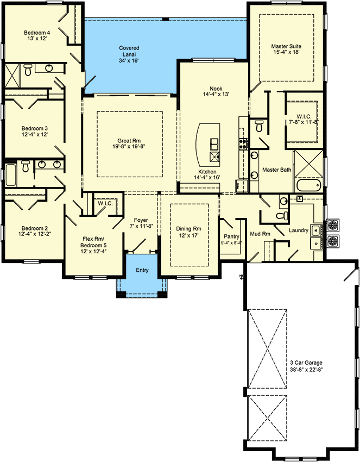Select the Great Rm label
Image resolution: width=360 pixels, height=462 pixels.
[x=129, y=140]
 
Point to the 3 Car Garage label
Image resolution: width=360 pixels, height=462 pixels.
[x=306, y=363]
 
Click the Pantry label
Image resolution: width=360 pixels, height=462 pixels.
[x=231, y=236]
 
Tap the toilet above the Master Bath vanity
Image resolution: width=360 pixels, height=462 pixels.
[x=259, y=127]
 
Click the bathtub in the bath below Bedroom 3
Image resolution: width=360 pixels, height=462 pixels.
[x=11, y=174]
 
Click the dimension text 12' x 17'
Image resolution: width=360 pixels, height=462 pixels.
[x=190, y=236]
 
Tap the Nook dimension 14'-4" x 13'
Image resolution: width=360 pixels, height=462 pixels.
[x=216, y=93]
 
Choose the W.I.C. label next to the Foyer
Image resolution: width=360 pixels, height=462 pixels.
[x=104, y=203]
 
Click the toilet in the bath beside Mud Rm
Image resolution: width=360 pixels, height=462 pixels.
[x=281, y=216]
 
